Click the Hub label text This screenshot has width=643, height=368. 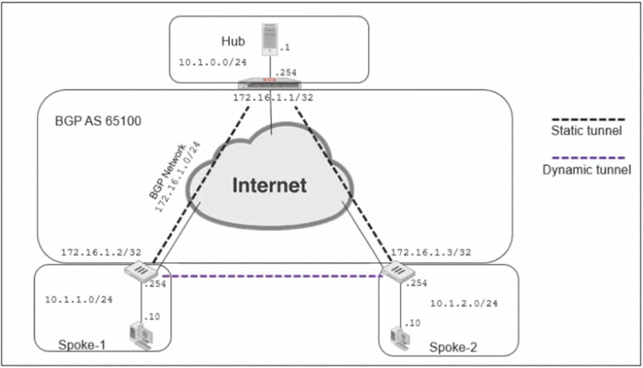233,41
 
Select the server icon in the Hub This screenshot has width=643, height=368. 270,39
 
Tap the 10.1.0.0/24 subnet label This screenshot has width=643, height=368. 213,63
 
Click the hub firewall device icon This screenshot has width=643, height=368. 270,83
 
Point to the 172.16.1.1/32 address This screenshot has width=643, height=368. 273,97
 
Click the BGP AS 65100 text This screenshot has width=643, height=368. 98,121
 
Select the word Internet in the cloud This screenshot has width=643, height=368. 270,185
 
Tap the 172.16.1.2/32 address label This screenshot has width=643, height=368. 101,252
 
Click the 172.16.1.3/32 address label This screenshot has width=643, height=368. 431,252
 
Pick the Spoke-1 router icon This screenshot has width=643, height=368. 142,271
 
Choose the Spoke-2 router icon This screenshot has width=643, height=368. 398,271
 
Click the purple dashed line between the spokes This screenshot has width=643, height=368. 272,276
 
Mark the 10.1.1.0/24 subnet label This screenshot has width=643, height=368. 79,299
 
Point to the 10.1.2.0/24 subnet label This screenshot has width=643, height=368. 464,304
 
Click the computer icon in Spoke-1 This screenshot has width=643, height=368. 141,336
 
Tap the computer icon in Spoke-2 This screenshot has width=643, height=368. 400,339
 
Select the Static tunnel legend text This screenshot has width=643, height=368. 587,131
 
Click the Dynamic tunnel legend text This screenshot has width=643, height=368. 587,170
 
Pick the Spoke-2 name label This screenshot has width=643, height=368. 453,347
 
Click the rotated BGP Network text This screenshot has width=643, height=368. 167,172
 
